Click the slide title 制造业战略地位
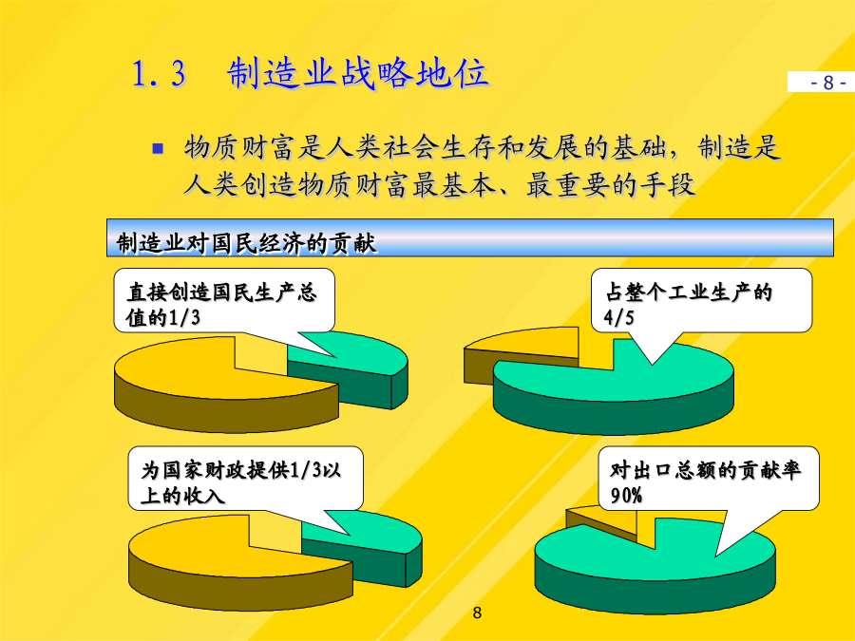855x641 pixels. click(x=358, y=73)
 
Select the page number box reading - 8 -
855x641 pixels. click(x=821, y=82)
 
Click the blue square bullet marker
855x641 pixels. click(x=158, y=148)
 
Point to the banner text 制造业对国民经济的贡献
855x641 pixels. click(x=246, y=243)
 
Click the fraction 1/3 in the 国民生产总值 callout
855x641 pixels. click(x=183, y=317)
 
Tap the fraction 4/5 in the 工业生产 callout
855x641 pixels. click(x=618, y=317)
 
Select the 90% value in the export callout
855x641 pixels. click(x=626, y=496)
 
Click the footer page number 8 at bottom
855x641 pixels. click(x=477, y=613)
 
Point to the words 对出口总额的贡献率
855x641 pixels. click(x=705, y=470)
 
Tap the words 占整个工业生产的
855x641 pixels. click(x=689, y=292)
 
